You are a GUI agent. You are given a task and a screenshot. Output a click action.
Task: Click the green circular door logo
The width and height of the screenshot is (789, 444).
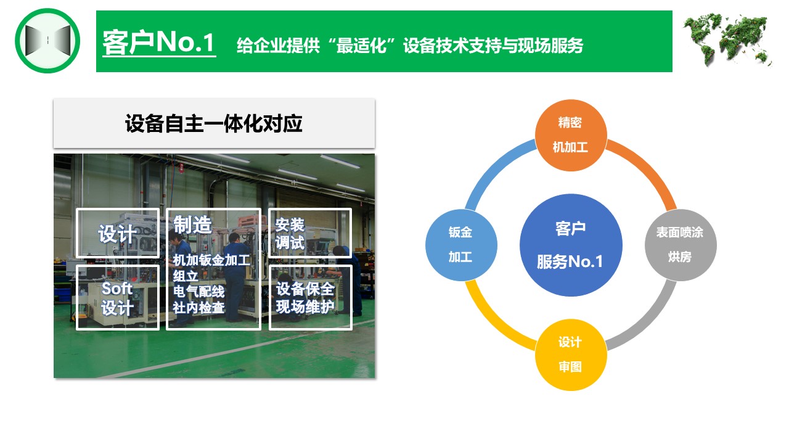coord(47,41)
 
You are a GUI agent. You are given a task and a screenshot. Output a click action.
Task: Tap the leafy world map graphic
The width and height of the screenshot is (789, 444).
coord(728,39)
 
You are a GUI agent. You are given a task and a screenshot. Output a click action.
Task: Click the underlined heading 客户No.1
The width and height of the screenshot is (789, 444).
coord(159,43)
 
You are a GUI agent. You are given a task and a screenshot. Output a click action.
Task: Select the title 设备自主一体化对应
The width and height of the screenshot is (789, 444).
coord(213,124)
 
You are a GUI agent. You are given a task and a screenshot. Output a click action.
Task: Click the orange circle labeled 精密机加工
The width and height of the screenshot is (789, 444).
coord(571,135)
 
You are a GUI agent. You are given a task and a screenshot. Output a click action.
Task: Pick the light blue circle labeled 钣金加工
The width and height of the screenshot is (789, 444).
coord(461,245)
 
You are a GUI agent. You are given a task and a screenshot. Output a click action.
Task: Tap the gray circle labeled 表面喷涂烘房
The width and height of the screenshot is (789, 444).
coord(681,245)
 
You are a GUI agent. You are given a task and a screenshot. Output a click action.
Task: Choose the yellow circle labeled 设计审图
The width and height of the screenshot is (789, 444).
coord(571,355)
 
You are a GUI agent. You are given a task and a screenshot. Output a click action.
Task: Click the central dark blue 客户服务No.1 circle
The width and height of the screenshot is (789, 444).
coord(571,245)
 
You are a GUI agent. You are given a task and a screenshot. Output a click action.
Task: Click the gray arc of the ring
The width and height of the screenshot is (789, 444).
coord(648,323)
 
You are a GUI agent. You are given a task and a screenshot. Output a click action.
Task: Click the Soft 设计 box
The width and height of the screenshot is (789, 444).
coord(118,298)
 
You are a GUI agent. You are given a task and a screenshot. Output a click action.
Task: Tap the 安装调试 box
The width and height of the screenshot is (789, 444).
coord(310,233)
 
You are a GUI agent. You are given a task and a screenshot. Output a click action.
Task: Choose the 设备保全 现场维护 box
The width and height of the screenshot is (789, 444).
coord(311,298)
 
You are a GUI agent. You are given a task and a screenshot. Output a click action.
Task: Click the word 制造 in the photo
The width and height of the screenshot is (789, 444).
coord(192,225)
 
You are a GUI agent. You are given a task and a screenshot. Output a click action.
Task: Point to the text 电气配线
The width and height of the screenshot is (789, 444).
coord(198,292)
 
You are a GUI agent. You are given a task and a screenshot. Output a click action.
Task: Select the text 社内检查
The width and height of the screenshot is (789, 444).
coord(198,308)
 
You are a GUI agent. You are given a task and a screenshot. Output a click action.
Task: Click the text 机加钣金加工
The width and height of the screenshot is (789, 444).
coord(211,260)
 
